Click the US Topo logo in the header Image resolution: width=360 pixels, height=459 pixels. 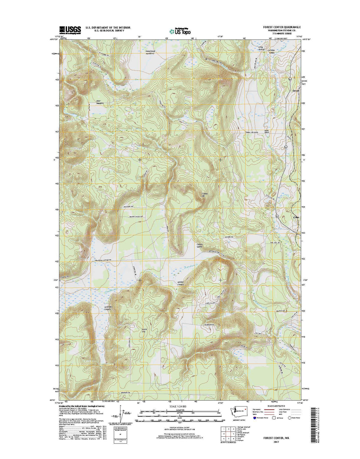(x=180, y=31)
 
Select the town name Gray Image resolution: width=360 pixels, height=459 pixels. (x=297, y=91)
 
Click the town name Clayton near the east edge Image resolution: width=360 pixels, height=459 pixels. (x=296, y=217)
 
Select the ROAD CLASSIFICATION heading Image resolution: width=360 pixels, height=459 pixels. (x=278, y=406)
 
